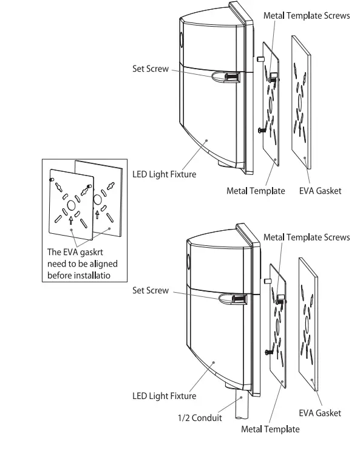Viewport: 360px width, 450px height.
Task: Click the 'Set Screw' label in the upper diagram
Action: click(x=151, y=69)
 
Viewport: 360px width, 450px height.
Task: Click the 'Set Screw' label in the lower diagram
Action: click(x=151, y=290)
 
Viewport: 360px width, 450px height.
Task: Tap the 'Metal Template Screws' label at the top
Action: click(x=306, y=15)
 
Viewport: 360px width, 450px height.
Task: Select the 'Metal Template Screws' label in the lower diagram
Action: click(x=306, y=237)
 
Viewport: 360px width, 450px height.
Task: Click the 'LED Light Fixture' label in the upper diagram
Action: click(x=165, y=174)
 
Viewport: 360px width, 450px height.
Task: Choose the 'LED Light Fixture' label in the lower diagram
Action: click(x=165, y=396)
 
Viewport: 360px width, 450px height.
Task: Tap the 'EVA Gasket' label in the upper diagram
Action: click(x=320, y=191)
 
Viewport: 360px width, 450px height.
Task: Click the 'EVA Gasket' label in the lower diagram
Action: click(x=320, y=413)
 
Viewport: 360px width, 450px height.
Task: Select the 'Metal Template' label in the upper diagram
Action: click(x=256, y=191)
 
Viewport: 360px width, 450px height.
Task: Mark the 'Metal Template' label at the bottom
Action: click(x=270, y=429)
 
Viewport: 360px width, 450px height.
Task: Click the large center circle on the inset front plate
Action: click(x=71, y=204)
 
